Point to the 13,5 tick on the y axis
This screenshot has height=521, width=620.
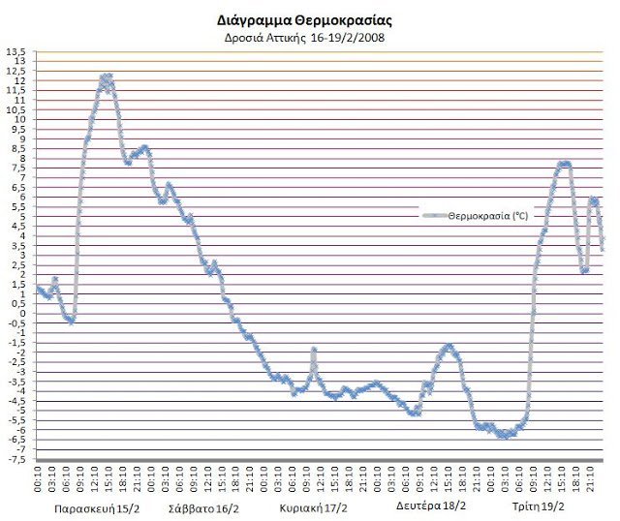pyautogui.click(x=16, y=51)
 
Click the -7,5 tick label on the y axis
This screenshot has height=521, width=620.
pyautogui.click(x=16, y=458)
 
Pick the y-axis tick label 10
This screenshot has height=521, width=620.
pyautogui.click(x=20, y=119)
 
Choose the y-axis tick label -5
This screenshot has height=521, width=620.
pyautogui.click(x=19, y=410)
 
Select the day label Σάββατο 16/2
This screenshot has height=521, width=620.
pyautogui.click(x=203, y=507)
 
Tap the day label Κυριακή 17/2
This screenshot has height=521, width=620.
pyautogui.click(x=315, y=507)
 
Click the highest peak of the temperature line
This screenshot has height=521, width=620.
pyautogui.click(x=107, y=77)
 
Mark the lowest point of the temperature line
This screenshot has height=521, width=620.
pyautogui.click(x=504, y=435)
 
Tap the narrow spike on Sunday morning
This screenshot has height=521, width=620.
pyautogui.click(x=314, y=350)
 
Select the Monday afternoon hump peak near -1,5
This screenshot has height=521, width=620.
pyautogui.click(x=449, y=346)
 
